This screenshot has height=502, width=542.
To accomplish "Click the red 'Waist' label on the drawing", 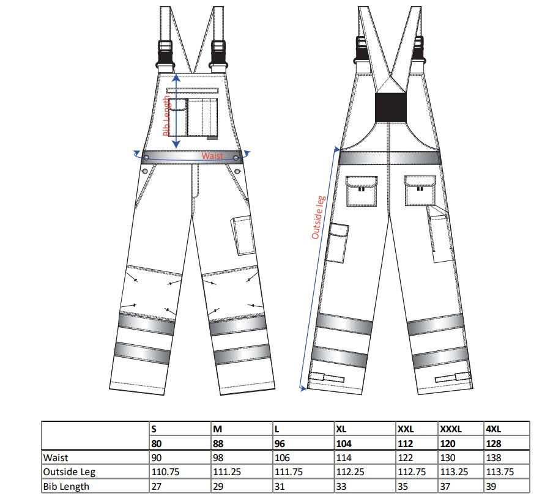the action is pos(212,156).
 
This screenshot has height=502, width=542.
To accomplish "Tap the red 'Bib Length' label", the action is pos(166,116).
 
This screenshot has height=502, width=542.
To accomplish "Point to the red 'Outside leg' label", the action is pos(318,217).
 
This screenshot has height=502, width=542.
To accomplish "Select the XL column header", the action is pos(341,429).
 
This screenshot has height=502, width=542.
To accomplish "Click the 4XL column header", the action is pos(493,429).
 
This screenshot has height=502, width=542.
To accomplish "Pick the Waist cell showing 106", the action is pos(282,458).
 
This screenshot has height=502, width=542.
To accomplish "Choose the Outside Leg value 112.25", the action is pos(350,472).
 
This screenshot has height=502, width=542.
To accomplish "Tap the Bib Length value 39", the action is pos(491,487).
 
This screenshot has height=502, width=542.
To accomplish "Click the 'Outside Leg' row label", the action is pos(69,472).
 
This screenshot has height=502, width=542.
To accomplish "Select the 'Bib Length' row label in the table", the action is pos(66,487).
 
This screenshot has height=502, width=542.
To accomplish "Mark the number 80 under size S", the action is pos(156,444).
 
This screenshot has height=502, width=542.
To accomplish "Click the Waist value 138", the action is pos(493,458).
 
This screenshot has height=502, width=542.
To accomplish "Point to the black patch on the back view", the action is pos(391,108).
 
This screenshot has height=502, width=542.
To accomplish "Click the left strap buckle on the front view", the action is pos(165,54).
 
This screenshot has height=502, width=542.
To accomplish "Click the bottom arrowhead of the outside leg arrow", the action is pos(303,388).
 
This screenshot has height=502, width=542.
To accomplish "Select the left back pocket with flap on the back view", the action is pos(362,191).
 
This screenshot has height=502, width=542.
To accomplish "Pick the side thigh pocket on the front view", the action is pos(243,235).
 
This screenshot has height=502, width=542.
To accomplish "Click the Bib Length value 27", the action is pos(156,487).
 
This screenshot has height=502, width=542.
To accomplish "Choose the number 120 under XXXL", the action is pos(448,444).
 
